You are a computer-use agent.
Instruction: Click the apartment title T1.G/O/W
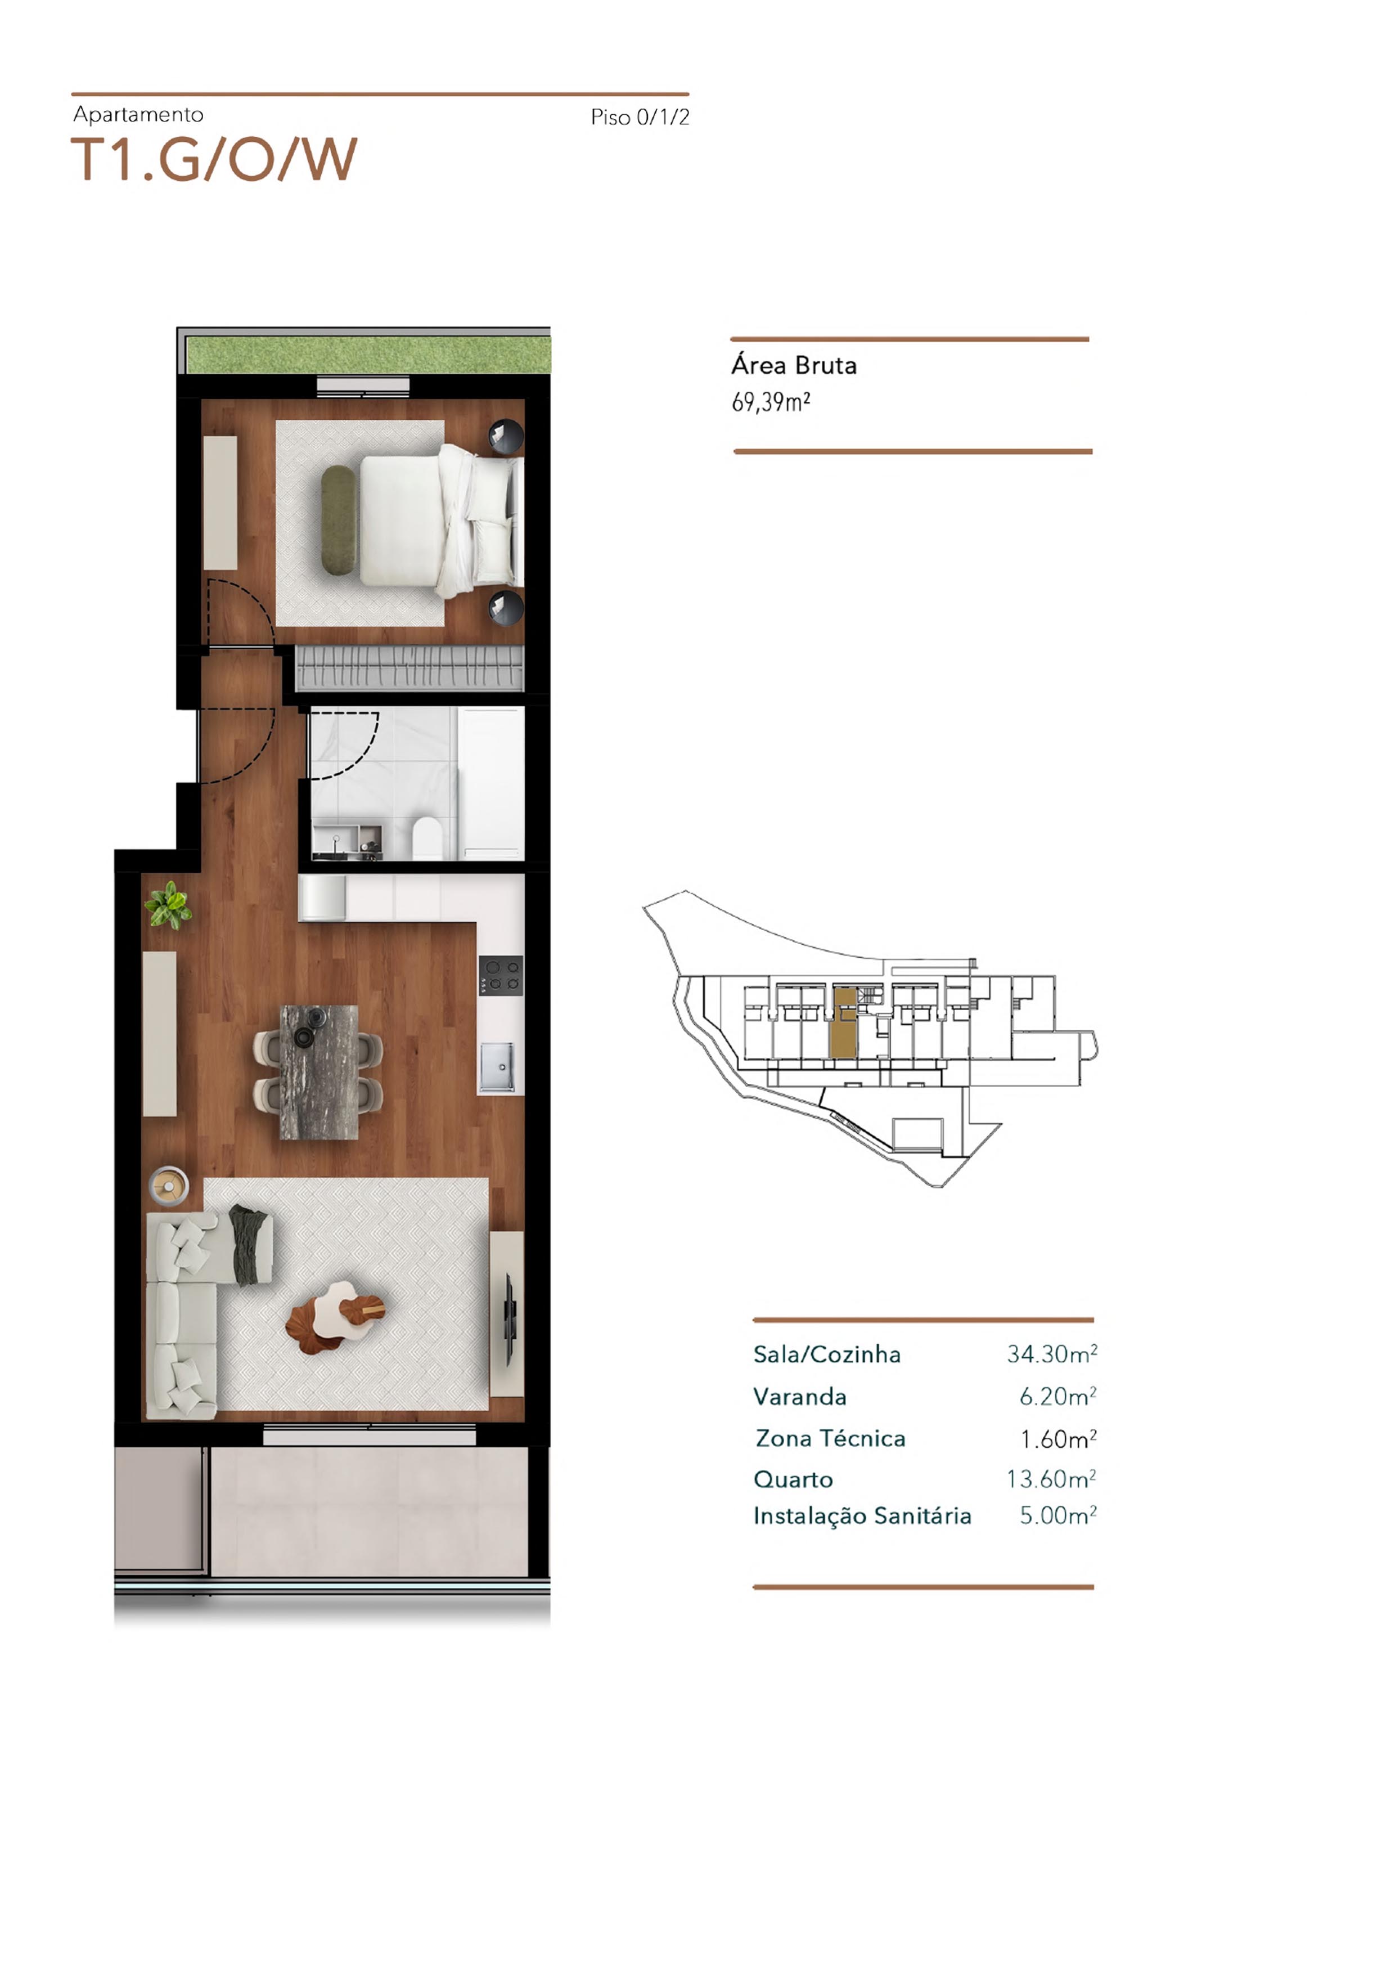pos(213,159)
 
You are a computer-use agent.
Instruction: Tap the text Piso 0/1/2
pos(640,118)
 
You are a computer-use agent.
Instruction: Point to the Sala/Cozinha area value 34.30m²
pos(1051,1354)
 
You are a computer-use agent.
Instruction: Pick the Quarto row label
pos(793,1479)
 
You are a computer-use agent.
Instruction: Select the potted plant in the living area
pos(168,904)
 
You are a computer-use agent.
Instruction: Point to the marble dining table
pos(319,1072)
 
